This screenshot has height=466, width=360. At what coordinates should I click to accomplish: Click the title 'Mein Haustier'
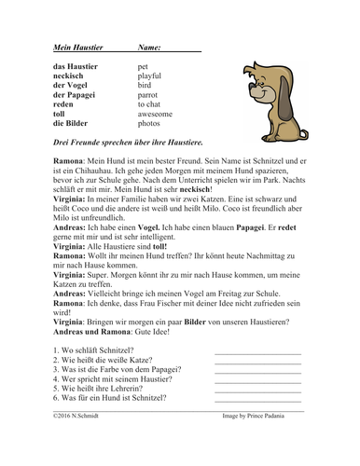pyautogui.click(x=66, y=46)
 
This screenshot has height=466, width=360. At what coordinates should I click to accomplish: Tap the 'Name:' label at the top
pyautogui.click(x=149, y=46)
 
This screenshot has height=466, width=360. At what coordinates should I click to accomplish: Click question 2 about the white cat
pyautogui.click(x=94, y=362)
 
